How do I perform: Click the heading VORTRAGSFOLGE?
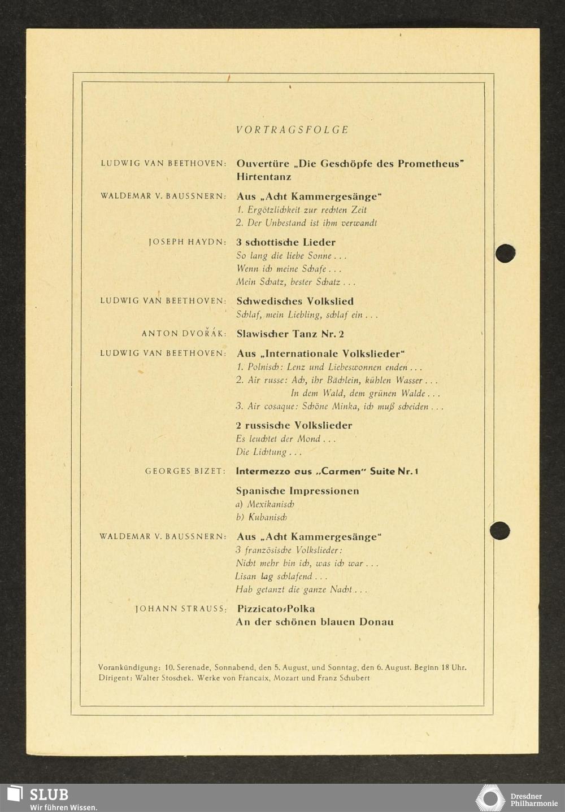(x=292, y=130)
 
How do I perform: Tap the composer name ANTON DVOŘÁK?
(x=184, y=334)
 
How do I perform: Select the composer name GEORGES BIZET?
(x=185, y=471)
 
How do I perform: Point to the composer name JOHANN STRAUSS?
(x=181, y=609)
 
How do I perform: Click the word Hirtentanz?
(x=264, y=177)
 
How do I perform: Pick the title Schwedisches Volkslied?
(x=294, y=301)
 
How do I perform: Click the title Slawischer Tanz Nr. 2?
(x=290, y=334)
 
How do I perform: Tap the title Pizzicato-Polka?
(x=276, y=609)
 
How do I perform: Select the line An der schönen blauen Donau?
(x=315, y=622)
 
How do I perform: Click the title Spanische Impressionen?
(x=297, y=491)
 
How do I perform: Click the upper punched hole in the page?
(x=505, y=253)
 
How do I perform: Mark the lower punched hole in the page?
(x=499, y=531)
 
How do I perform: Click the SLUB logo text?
(x=49, y=794)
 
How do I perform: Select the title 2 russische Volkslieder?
(x=294, y=425)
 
